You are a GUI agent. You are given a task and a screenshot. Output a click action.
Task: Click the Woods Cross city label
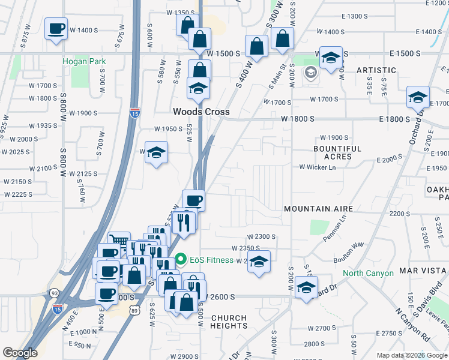click(196, 112)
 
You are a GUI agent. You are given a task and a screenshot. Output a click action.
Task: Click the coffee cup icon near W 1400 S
click(56, 29)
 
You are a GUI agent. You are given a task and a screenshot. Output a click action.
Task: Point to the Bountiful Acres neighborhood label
click(337, 152)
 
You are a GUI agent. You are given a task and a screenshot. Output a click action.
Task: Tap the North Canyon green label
click(368, 274)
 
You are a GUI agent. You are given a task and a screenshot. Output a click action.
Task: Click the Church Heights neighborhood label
click(229, 322)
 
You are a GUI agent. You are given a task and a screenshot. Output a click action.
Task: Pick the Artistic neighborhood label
click(376, 70)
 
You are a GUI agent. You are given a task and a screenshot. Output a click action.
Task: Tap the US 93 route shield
click(54, 293)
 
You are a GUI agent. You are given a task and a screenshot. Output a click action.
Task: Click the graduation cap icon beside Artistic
click(330, 58)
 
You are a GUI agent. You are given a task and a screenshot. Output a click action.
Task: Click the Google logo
click(20, 353)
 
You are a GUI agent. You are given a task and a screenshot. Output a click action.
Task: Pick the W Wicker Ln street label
click(318, 167)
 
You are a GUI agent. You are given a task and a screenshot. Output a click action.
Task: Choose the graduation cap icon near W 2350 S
click(259, 262)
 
